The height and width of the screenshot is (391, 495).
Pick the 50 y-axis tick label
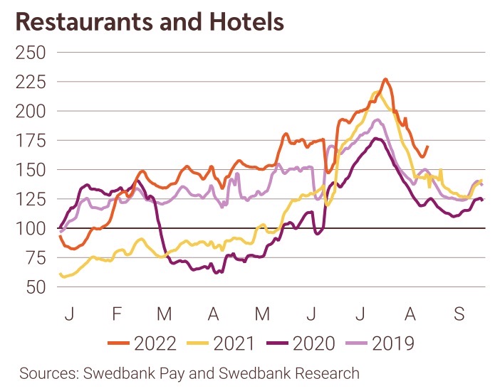[x=32, y=287]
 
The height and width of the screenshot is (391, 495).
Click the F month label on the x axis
[x=117, y=313]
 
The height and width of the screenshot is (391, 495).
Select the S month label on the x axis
[x=459, y=313]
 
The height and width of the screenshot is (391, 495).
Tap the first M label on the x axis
[x=165, y=313]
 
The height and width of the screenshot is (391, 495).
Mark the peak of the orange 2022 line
[x=385, y=80]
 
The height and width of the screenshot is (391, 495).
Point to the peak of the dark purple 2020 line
[x=377, y=138]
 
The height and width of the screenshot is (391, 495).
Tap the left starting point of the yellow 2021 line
[x=59, y=274]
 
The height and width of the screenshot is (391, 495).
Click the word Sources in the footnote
[x=48, y=373]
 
